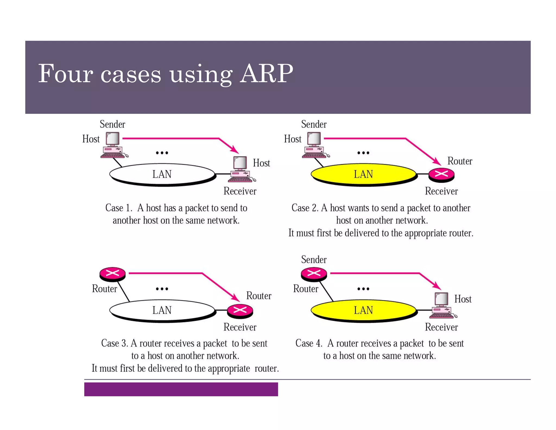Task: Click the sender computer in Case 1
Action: pyautogui.click(x=113, y=145)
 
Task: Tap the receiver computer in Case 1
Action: pyautogui.click(x=241, y=169)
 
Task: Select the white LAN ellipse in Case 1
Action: pyautogui.click(x=162, y=174)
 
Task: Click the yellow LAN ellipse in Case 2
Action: pyautogui.click(x=363, y=174)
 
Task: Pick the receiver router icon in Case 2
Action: pyautogui.click(x=441, y=175)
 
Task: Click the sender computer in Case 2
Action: pyautogui.click(x=314, y=145)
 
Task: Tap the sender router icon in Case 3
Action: pyautogui.click(x=112, y=273)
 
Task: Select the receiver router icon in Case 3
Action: pyautogui.click(x=240, y=310)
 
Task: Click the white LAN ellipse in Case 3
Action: pyautogui.click(x=162, y=310)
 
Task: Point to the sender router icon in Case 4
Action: pyautogui.click(x=314, y=273)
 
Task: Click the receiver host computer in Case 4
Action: pyautogui.click(x=442, y=306)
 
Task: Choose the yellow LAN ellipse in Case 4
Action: pyautogui.click(x=363, y=310)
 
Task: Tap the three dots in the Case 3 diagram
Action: pyautogui.click(x=162, y=289)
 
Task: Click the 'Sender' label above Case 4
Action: pyautogui.click(x=314, y=260)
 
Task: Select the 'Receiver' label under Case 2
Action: pyautogui.click(x=441, y=191)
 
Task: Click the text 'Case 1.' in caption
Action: pyautogui.click(x=119, y=208)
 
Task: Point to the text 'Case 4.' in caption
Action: pyautogui.click(x=309, y=343)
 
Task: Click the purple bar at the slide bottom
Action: pyautogui.click(x=181, y=389)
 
